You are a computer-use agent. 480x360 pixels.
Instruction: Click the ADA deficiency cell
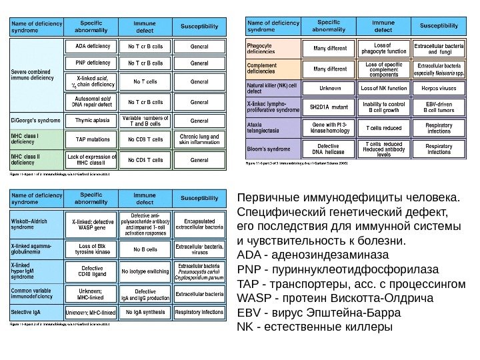[x=89, y=47]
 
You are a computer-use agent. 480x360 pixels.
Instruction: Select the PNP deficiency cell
[x=89, y=63]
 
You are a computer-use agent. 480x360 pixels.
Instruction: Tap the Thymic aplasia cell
[x=89, y=121]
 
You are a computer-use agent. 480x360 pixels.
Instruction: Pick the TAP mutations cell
[x=89, y=139]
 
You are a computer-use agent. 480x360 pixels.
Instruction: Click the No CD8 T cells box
[x=145, y=139]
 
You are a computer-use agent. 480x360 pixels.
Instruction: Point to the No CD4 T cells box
[x=145, y=160]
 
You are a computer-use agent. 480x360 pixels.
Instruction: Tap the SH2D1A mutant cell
[x=329, y=107]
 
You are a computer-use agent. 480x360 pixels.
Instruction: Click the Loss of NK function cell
[x=383, y=87]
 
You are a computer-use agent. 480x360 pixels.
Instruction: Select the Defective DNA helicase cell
[x=329, y=149]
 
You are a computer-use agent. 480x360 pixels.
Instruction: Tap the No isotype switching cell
[x=145, y=272]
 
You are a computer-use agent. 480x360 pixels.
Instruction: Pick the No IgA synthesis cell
[x=145, y=312]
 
